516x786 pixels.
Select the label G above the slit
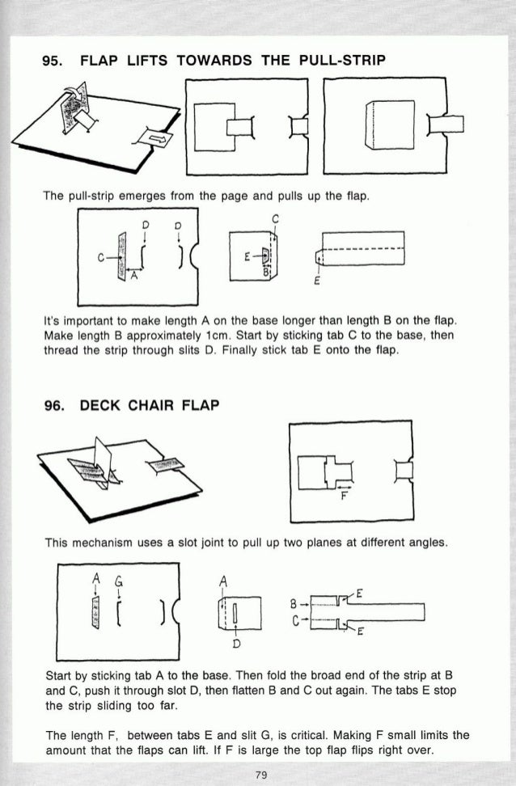click(120, 579)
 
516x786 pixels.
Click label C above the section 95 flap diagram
click(276, 218)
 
